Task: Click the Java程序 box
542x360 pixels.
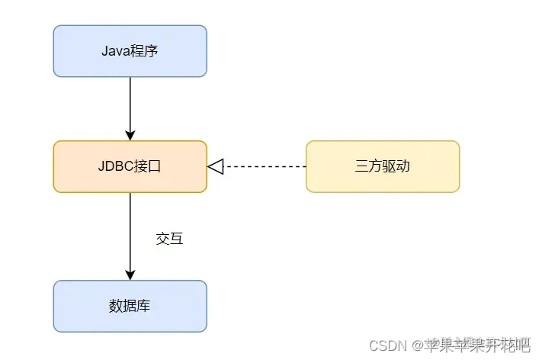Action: pyautogui.click(x=130, y=51)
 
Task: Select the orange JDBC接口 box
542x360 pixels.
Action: pyautogui.click(x=130, y=166)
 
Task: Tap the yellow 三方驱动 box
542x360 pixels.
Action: pyautogui.click(x=382, y=166)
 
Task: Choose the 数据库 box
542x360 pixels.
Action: pyautogui.click(x=130, y=306)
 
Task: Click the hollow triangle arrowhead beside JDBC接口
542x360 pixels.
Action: pyautogui.click(x=215, y=166)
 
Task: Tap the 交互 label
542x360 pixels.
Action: pyautogui.click(x=169, y=239)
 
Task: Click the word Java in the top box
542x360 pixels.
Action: pyautogui.click(x=114, y=51)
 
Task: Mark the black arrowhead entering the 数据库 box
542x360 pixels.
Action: pyautogui.click(x=130, y=274)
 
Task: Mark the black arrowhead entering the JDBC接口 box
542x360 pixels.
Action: pyautogui.click(x=130, y=134)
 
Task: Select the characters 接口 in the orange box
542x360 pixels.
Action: pyautogui.click(x=146, y=166)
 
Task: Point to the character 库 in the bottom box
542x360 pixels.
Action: pyautogui.click(x=143, y=306)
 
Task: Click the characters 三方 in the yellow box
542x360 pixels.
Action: pyautogui.click(x=368, y=166)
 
